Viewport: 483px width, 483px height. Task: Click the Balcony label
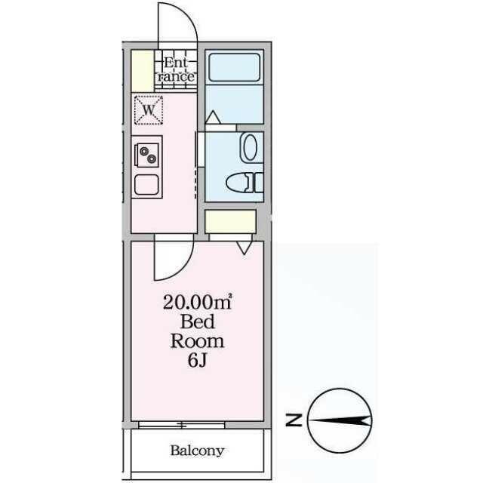point(196,451)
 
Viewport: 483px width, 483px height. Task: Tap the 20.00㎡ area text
point(197,303)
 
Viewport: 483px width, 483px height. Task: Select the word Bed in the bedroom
point(197,322)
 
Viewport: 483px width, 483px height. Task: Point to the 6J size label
point(197,360)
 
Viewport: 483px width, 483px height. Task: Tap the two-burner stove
point(146,155)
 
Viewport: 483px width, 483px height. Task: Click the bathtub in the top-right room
point(234,68)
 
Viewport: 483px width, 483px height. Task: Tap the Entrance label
point(179,69)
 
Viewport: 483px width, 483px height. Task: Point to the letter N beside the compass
point(297,420)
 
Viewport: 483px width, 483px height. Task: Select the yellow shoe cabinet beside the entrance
point(140,70)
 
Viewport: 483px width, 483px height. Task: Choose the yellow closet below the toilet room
point(231,223)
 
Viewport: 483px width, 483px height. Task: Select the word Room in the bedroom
point(197,341)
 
